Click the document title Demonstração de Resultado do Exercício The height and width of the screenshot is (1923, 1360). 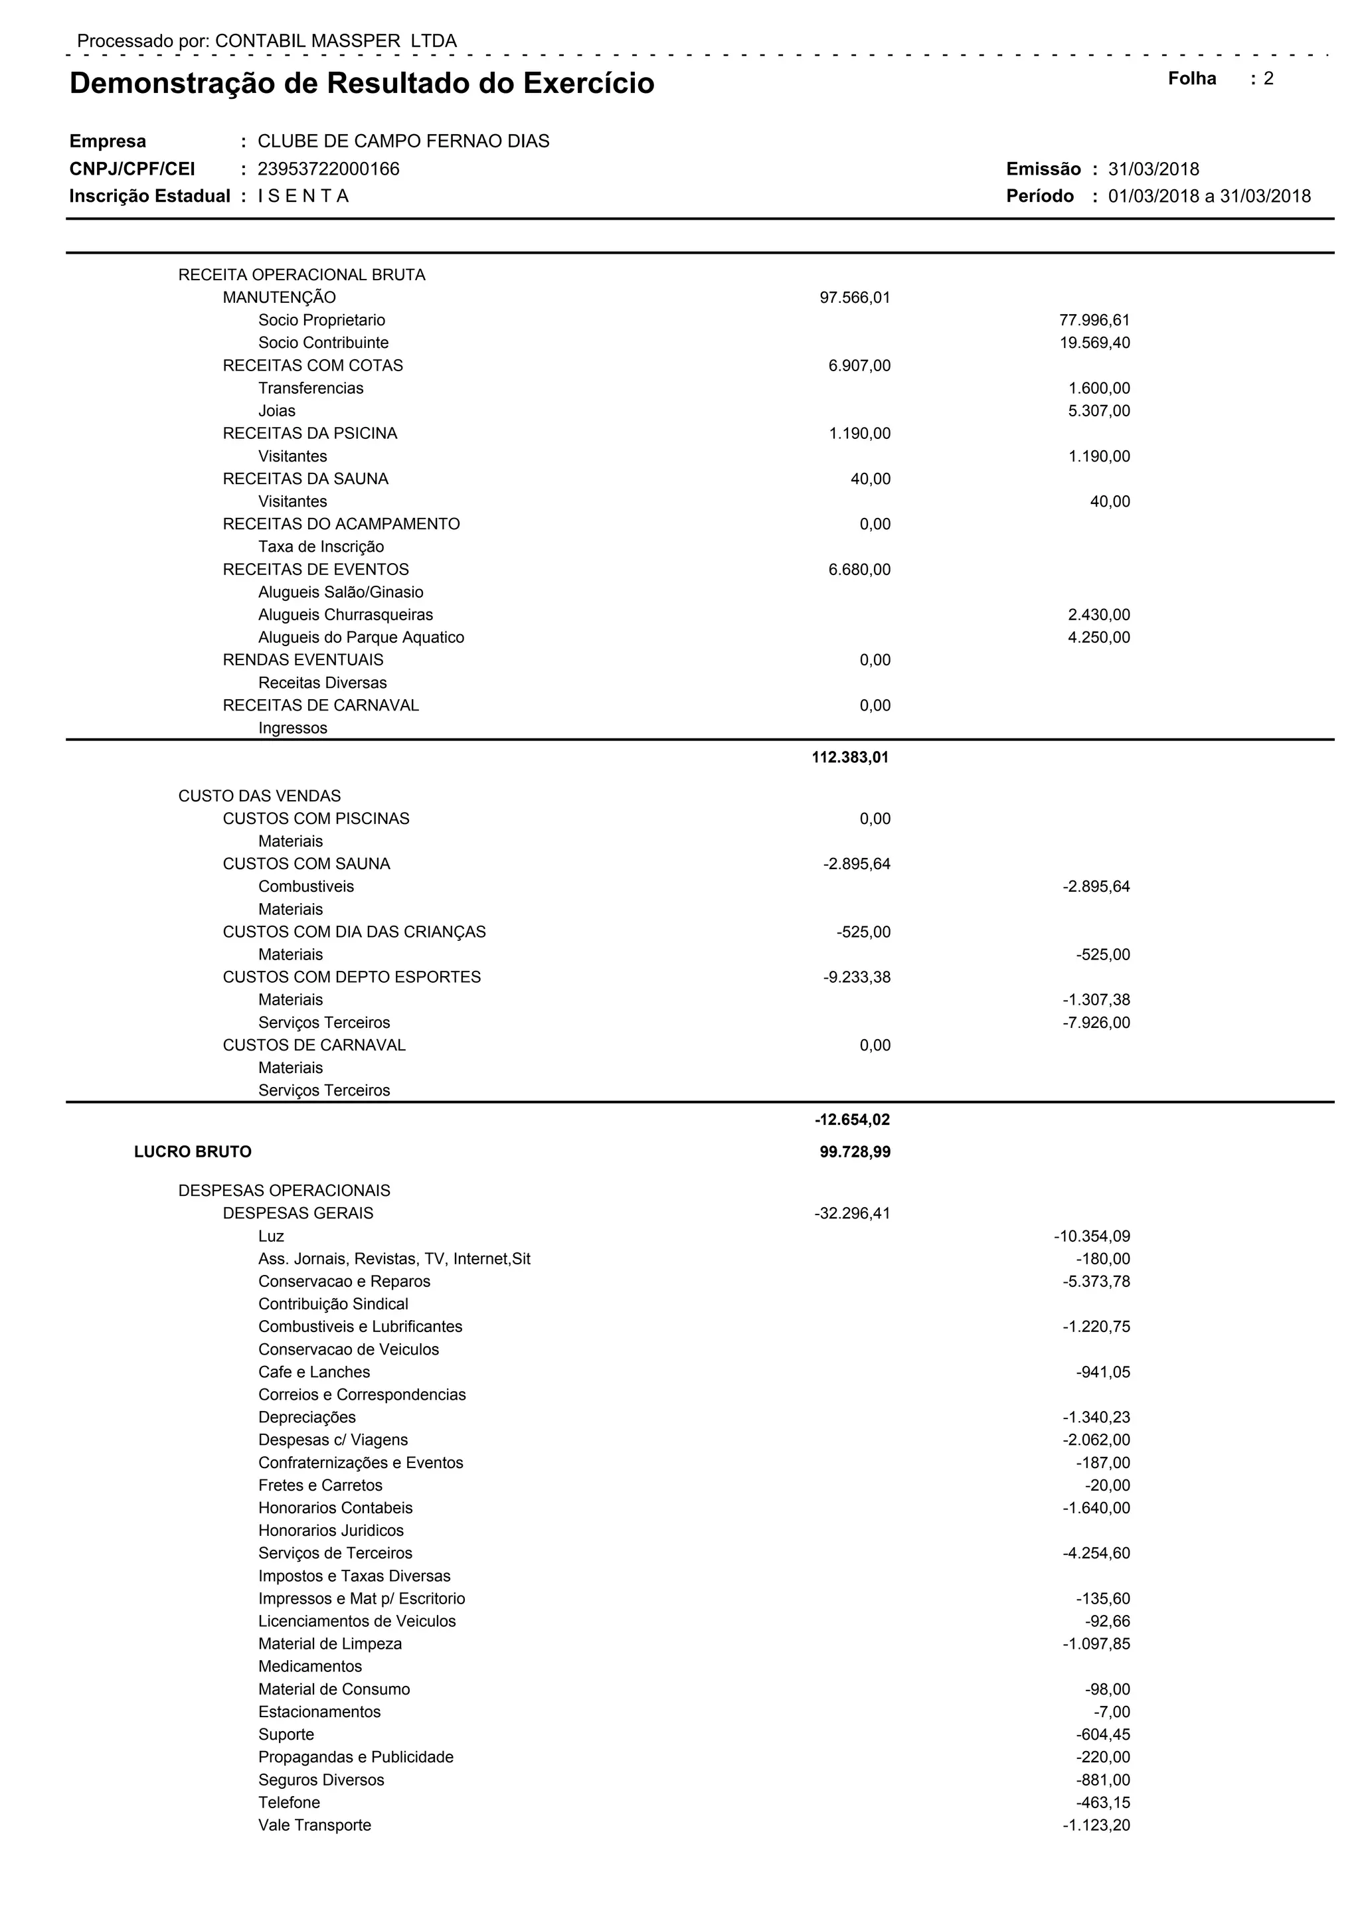(x=362, y=84)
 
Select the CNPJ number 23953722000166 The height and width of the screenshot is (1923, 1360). (x=328, y=169)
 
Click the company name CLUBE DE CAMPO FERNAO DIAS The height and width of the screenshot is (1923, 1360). (x=403, y=141)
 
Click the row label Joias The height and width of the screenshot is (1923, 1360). (x=276, y=410)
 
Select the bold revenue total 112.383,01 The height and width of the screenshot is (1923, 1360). (x=850, y=757)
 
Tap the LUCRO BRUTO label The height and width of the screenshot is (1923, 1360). (x=193, y=1151)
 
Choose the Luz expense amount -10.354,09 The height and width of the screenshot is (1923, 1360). (x=1091, y=1236)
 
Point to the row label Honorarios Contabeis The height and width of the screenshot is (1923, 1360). (x=335, y=1507)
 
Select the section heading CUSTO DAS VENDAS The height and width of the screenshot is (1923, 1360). (x=260, y=795)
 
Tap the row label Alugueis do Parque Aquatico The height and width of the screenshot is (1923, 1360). (x=361, y=637)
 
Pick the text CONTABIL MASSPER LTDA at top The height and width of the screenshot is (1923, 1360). (x=336, y=41)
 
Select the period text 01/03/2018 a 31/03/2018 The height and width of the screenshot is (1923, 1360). (x=1209, y=196)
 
